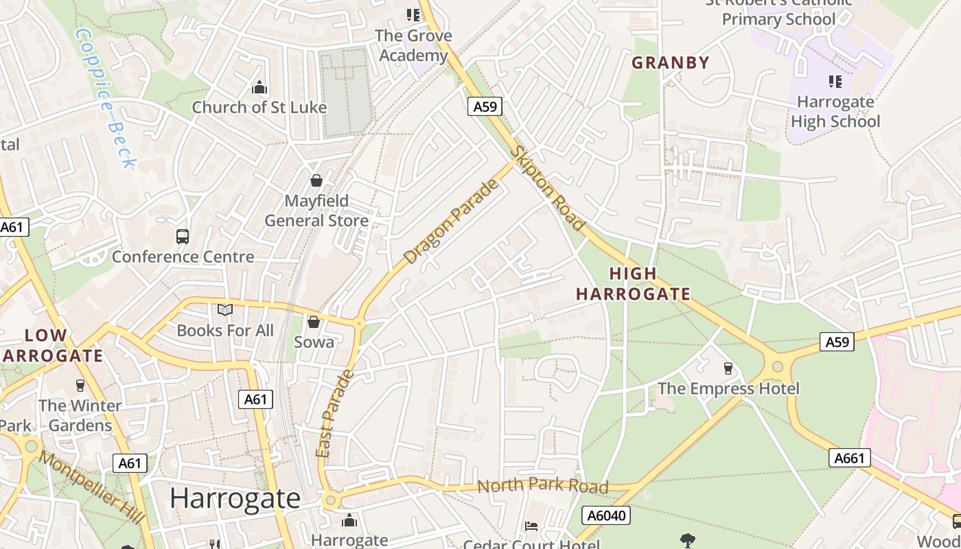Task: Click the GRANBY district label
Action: click(670, 63)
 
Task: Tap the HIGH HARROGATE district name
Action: click(633, 284)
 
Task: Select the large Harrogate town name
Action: click(235, 498)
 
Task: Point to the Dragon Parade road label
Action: click(450, 222)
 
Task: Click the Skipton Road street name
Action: click(550, 189)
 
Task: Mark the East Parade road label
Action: click(336, 414)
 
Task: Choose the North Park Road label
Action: click(542, 486)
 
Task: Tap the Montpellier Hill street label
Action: click(92, 487)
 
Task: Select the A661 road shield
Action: click(849, 458)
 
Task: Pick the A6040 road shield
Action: click(605, 515)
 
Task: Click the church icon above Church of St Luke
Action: click(259, 87)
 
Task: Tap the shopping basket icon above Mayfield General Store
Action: click(316, 180)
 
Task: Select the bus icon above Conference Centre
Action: click(183, 237)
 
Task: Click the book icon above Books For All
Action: click(225, 310)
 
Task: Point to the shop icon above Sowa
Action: click(314, 322)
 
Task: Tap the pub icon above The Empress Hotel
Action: click(728, 369)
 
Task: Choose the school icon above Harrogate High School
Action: click(835, 82)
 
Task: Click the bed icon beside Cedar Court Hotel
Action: click(531, 526)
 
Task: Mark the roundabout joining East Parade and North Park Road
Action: click(331, 501)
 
